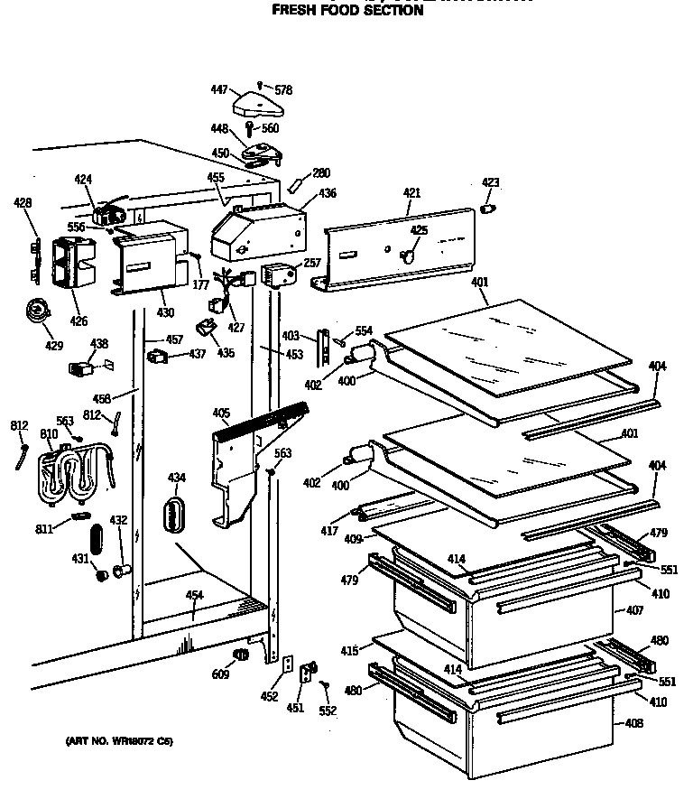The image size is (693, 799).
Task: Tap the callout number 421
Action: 411,194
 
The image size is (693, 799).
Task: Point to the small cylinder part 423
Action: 488,209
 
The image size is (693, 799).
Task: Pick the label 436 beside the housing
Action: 327,193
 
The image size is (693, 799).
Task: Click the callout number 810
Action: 49,434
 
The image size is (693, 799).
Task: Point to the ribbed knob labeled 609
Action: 240,654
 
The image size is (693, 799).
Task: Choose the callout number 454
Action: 195,595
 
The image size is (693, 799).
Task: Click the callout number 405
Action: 221,413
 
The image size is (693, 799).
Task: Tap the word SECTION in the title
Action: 385,11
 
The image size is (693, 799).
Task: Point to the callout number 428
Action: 23,203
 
